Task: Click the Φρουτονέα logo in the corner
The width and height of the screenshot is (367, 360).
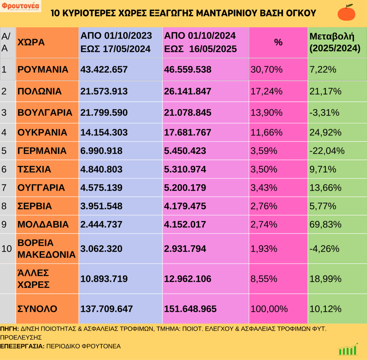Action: pos(21,6)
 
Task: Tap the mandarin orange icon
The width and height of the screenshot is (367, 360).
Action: pos(346,13)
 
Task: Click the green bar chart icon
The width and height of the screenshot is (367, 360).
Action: pos(348,349)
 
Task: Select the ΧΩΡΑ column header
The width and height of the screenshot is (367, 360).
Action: pos(31,42)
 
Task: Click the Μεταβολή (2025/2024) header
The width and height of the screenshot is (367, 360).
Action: pos(334,42)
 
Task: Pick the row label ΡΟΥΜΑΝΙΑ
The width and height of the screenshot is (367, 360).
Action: pos(43,69)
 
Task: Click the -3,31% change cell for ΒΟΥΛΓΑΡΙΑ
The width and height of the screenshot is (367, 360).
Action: pos(324,113)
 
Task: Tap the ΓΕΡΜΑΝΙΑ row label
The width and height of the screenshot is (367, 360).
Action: pos(42,151)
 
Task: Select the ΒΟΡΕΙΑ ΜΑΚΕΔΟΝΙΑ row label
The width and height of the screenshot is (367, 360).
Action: pos(46,249)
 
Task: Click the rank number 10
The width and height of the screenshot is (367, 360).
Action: pos(7,249)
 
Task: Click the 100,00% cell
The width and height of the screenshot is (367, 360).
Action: pos(268,309)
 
